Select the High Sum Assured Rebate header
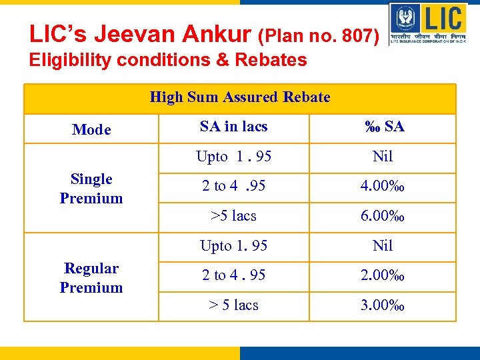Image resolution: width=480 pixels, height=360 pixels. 240,97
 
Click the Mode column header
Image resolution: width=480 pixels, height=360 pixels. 91,129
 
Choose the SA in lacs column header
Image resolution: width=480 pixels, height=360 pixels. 233,127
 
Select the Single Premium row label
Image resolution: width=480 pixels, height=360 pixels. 91,188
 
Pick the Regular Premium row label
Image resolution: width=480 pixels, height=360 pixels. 91,277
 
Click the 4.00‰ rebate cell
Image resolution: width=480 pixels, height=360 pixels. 383,186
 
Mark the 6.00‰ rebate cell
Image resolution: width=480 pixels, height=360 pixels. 383,216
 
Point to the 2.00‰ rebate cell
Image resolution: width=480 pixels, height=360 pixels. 383,275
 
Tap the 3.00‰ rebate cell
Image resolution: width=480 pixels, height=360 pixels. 383,305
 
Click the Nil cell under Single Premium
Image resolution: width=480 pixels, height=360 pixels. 383,157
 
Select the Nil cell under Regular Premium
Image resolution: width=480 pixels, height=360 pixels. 383,245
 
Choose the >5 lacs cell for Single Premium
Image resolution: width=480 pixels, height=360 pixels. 233,216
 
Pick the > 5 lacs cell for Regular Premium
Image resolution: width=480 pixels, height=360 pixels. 233,305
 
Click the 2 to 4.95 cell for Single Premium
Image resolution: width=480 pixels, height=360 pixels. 233,186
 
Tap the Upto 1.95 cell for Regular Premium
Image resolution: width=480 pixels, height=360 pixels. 233,245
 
